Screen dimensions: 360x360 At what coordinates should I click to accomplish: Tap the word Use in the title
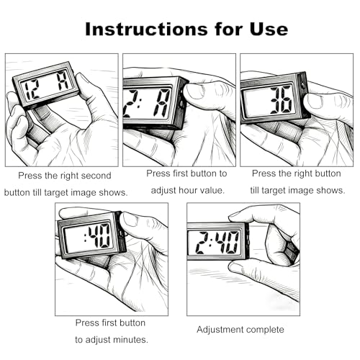tap(269, 30)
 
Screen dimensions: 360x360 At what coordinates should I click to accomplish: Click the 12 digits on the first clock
tap(32, 90)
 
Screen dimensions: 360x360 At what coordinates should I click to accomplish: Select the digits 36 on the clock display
tap(281, 100)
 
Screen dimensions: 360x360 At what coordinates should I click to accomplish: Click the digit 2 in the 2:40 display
tap(201, 243)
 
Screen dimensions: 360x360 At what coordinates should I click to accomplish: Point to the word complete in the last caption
tap(266, 330)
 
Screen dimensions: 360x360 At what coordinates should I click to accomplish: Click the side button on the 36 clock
tap(303, 85)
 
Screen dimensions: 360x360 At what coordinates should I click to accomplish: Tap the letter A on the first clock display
tap(63, 81)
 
